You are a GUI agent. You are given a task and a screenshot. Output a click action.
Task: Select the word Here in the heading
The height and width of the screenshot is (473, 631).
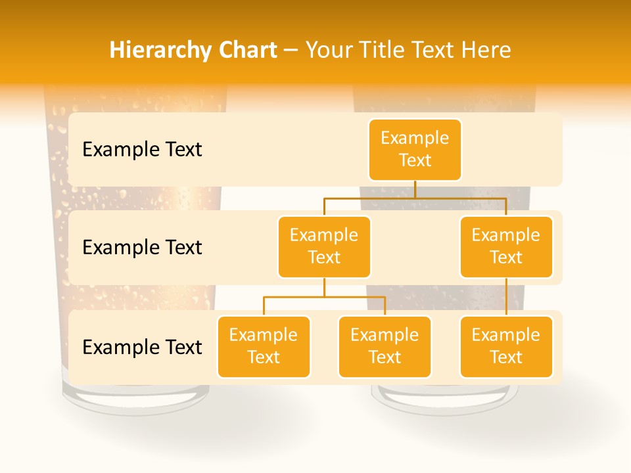pyautogui.click(x=484, y=51)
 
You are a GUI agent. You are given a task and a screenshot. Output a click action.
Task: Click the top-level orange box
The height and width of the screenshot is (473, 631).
pyautogui.click(x=415, y=150)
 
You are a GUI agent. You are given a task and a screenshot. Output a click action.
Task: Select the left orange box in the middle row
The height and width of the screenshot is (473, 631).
pyautogui.click(x=324, y=247)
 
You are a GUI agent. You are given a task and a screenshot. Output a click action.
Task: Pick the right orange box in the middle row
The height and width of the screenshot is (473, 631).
pyautogui.click(x=506, y=247)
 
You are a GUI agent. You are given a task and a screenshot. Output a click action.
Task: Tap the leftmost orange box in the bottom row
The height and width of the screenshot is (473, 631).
pyautogui.click(x=264, y=347)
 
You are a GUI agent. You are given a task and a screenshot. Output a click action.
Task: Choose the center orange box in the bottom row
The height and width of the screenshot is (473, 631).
pyautogui.click(x=385, y=347)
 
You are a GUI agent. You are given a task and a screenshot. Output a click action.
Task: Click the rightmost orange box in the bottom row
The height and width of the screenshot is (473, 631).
pyautogui.click(x=506, y=347)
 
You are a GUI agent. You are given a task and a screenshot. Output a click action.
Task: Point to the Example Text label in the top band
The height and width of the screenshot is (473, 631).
pyautogui.click(x=142, y=150)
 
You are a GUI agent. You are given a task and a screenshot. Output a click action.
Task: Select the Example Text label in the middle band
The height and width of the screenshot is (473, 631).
pyautogui.click(x=142, y=248)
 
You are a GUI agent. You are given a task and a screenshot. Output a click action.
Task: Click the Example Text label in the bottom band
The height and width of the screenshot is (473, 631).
pyautogui.click(x=142, y=348)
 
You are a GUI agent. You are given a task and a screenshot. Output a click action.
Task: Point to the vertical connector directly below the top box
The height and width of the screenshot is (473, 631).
pyautogui.click(x=415, y=189)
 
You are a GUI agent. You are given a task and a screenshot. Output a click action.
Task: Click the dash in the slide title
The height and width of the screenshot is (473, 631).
pyautogui.click(x=291, y=51)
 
